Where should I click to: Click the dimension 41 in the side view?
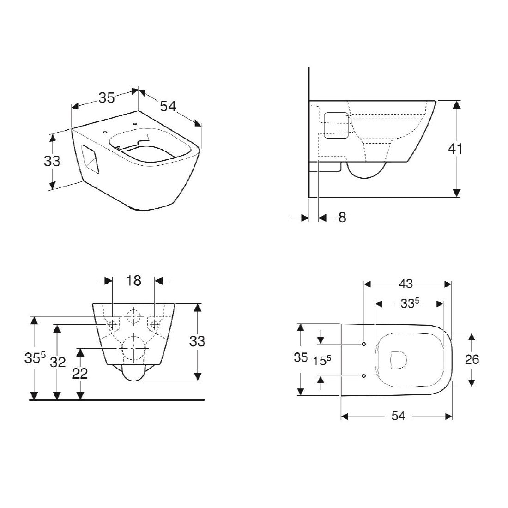click(455, 149)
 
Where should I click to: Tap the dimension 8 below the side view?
click(342, 218)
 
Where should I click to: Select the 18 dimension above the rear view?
click(133, 281)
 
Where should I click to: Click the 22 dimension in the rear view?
click(80, 374)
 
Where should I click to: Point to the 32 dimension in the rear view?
click(58, 362)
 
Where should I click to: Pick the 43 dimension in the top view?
click(406, 284)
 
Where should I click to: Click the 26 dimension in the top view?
click(472, 359)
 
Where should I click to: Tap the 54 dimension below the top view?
click(398, 416)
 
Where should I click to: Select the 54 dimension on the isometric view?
click(168, 106)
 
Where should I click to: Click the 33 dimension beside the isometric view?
click(52, 161)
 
